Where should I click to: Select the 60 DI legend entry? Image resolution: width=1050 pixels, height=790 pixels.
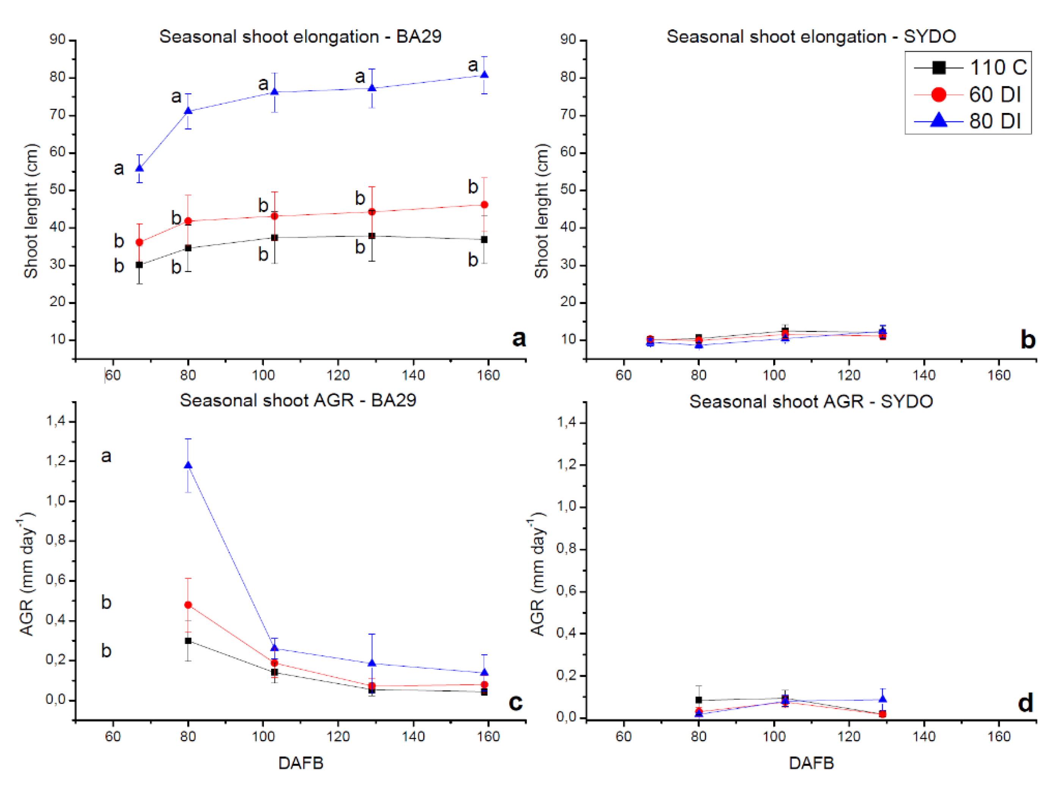pos(968,95)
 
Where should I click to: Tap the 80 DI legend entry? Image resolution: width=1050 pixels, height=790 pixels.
pos(968,121)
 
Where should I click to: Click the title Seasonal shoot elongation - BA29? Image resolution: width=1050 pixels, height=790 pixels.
pos(300,36)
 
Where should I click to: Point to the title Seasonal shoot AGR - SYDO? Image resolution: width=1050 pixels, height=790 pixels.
pos(811,402)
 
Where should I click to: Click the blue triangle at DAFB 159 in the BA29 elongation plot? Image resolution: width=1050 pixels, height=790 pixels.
pos(484,75)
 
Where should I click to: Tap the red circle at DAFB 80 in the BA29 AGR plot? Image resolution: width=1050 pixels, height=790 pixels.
pos(188,605)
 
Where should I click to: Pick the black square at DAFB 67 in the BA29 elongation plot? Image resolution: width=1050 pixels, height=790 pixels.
pos(140,265)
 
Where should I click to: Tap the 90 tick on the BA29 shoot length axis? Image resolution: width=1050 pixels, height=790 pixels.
pos(57,40)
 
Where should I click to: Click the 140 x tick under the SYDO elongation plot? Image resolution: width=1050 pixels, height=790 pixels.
pos(924,375)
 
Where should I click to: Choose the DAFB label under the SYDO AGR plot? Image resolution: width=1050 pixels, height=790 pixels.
pos(811,763)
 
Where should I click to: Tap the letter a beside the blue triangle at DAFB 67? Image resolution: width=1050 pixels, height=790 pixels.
pos(119,168)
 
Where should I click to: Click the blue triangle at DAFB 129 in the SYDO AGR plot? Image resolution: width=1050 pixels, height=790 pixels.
pos(882,699)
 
